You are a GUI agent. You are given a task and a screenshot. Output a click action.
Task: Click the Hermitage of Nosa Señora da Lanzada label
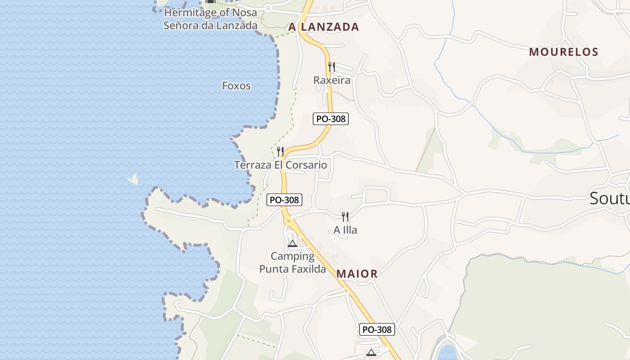[x=210, y=19]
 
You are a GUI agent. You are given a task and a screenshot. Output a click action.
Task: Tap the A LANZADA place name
[x=324, y=27]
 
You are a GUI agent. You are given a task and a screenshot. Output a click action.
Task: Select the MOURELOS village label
[x=563, y=52]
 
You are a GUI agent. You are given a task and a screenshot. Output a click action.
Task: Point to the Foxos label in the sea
[x=236, y=85]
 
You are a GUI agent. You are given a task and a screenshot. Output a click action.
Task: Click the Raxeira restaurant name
[x=332, y=80]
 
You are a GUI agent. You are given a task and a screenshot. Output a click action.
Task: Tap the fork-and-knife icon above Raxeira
[x=332, y=67]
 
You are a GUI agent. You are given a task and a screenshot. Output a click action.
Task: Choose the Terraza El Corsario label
[x=280, y=165]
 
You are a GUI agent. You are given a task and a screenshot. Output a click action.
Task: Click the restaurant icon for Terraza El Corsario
[x=280, y=151]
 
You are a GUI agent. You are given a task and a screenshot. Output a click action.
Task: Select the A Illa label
[x=345, y=230]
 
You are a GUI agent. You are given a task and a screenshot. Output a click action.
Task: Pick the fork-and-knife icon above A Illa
[x=345, y=217]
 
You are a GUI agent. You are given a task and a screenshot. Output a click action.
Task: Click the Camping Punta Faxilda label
[x=292, y=262]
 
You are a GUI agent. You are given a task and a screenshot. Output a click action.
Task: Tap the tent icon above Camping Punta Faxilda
[x=292, y=244]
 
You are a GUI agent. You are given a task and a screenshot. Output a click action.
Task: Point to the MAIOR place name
[x=357, y=274]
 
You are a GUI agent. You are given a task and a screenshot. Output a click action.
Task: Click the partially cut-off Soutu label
[x=609, y=198]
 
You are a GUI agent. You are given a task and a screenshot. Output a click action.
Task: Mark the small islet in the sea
[x=133, y=179]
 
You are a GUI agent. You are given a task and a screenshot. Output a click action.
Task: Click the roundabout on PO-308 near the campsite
[x=288, y=221]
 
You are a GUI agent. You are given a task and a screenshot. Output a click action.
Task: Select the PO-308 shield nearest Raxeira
[x=331, y=119]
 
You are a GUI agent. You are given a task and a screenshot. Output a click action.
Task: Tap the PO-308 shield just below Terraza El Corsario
[x=284, y=200]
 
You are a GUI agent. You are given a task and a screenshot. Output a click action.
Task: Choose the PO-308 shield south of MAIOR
[x=377, y=329]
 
